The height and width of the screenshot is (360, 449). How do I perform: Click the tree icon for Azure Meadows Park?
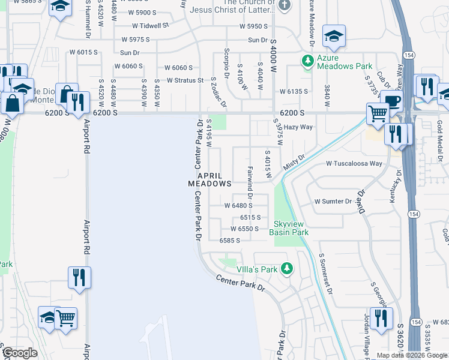pyautogui.click(x=307, y=61)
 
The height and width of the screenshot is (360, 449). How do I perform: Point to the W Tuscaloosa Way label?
pyautogui.click(x=354, y=163)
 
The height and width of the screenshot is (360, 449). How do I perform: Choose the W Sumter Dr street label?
pyautogui.click(x=333, y=202)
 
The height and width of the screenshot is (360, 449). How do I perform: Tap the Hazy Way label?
pyautogui.click(x=298, y=127)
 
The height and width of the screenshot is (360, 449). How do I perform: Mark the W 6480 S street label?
pyautogui.click(x=242, y=205)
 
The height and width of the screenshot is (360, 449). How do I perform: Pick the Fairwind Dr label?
pyautogui.click(x=249, y=184)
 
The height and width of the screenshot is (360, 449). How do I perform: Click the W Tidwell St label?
pyautogui.click(x=151, y=26)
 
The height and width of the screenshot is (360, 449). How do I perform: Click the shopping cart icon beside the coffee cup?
pyautogui.click(x=378, y=112)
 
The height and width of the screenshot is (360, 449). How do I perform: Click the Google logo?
pyautogui.click(x=20, y=353)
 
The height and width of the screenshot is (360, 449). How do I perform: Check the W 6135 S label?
pyautogui.click(x=294, y=91)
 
